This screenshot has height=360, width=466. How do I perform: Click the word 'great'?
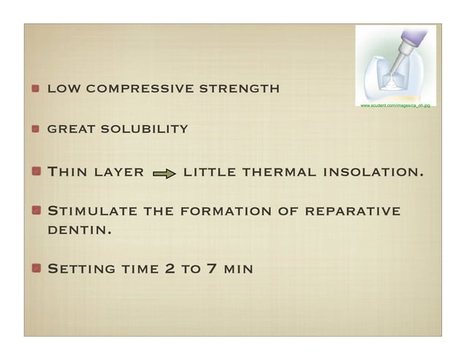pyautogui.click(x=71, y=130)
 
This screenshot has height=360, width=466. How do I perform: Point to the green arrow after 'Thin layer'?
pyautogui.click(x=164, y=175)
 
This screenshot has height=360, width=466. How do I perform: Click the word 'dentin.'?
pyautogui.click(x=79, y=230)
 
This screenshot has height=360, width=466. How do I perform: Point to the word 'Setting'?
pyautogui.click(x=81, y=269)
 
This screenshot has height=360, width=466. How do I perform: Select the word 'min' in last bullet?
pyautogui.click(x=239, y=269)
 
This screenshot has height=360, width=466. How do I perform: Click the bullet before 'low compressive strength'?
pyautogui.click(x=35, y=90)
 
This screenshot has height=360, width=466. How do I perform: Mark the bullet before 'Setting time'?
pyautogui.click(x=35, y=268)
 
